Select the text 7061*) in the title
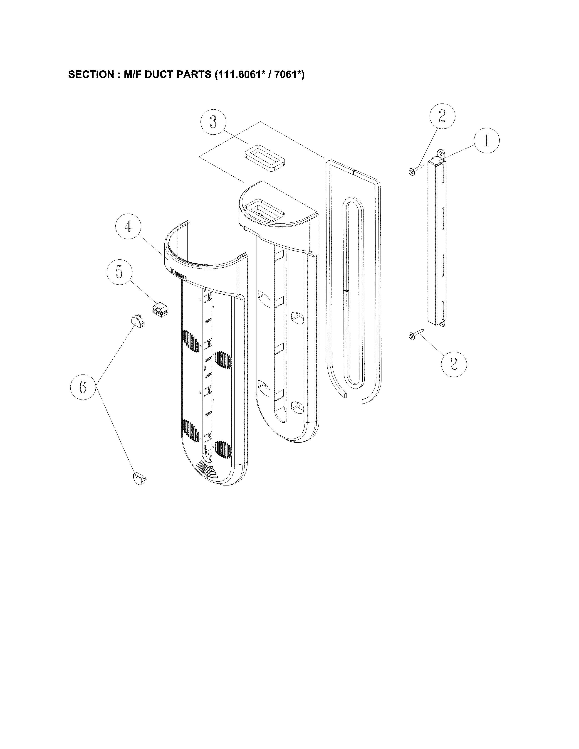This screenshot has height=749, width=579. [x=289, y=74]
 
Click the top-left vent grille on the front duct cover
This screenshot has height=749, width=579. [x=191, y=341]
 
